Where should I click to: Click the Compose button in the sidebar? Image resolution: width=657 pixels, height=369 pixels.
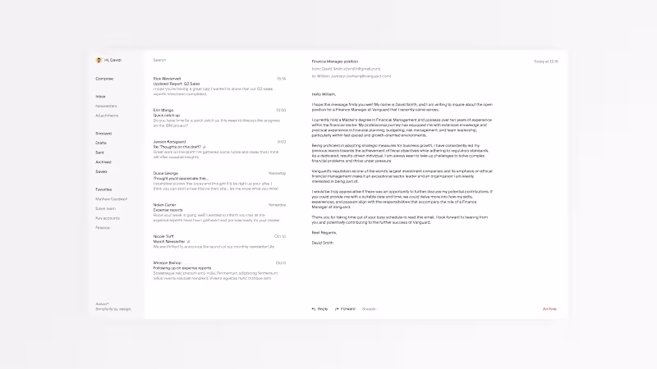[x=104, y=79]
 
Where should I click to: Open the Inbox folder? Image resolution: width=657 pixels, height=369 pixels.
[x=100, y=97]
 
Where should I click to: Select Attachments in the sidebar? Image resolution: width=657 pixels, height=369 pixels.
[x=107, y=115]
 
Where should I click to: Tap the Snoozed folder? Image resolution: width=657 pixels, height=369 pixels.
[x=103, y=133]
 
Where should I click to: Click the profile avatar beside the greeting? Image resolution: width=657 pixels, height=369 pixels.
[x=99, y=60]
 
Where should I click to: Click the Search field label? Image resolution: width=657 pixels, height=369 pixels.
[x=159, y=60]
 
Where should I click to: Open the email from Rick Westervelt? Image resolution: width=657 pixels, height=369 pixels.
[x=168, y=79]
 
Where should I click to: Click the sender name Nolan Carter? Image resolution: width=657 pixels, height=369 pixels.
[x=164, y=205]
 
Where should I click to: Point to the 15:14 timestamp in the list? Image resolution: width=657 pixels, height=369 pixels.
[x=281, y=79]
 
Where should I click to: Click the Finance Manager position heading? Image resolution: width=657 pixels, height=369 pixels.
[x=334, y=61]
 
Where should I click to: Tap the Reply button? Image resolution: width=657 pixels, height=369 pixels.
[x=319, y=309]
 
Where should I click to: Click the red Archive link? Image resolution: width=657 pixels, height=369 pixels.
[x=549, y=309]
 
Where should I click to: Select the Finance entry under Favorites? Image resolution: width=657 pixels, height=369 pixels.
[x=103, y=227]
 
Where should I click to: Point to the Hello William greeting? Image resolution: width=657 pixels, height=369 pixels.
[x=324, y=94]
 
